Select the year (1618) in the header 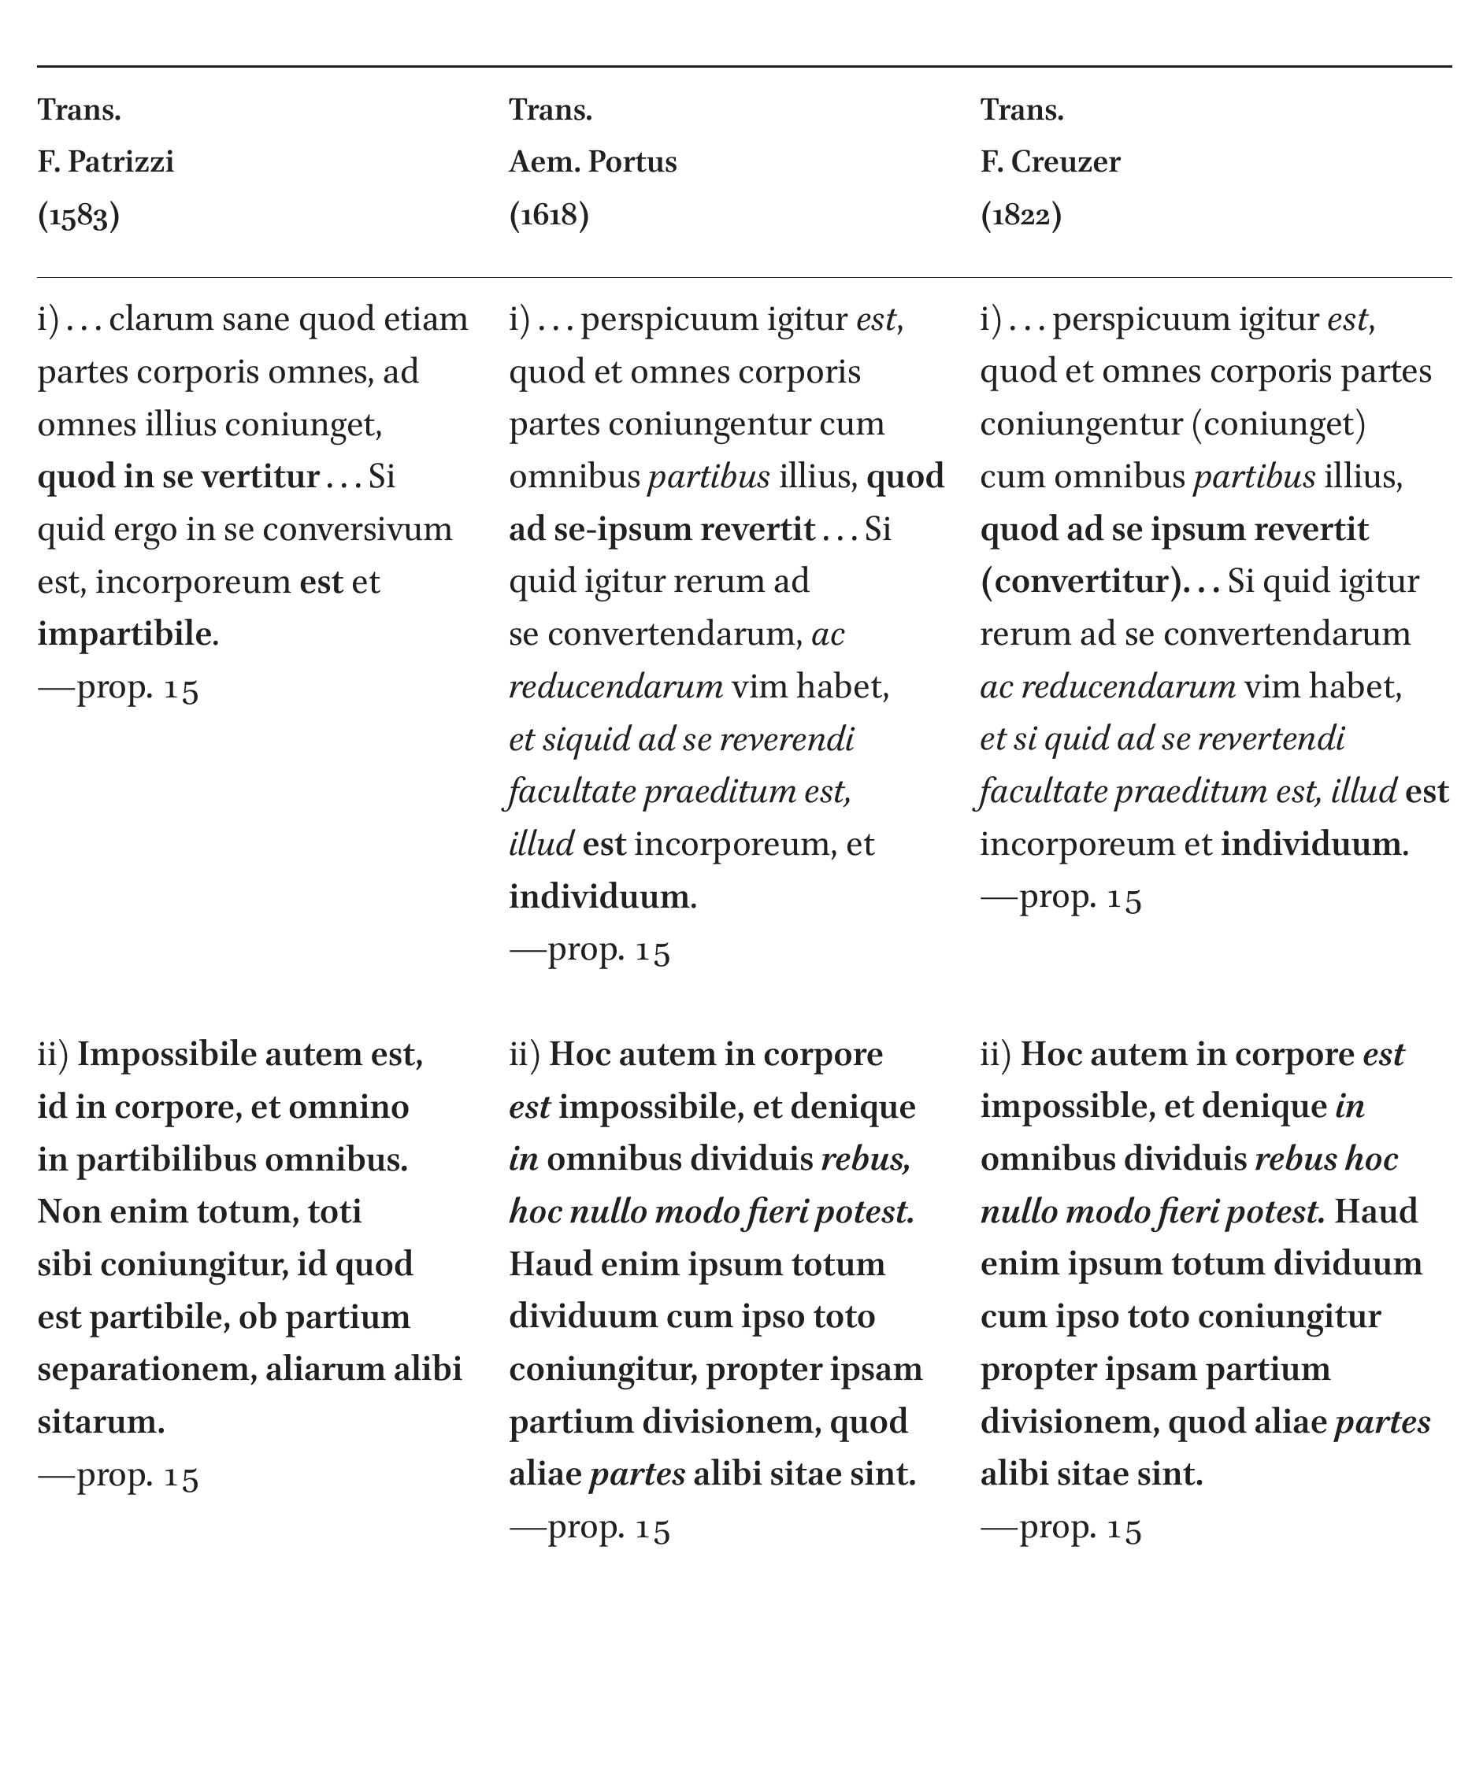click(548, 215)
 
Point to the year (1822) click(1020, 215)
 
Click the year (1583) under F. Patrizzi click(78, 216)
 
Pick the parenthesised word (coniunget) click(1279, 424)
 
